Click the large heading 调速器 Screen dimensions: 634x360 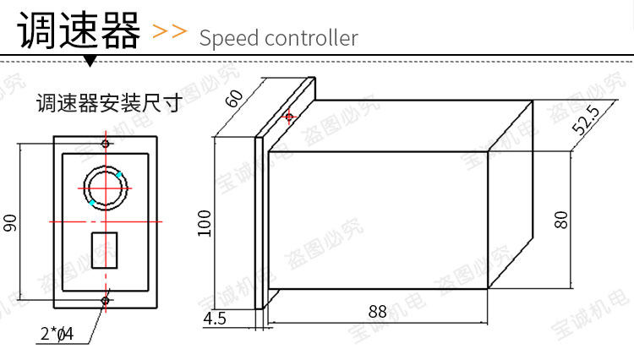79,31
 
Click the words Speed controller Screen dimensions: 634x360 279,38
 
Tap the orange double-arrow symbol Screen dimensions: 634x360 169,32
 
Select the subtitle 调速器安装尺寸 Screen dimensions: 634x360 109,104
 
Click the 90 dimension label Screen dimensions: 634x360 10,222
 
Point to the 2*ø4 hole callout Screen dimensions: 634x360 57,334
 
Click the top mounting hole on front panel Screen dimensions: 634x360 106,144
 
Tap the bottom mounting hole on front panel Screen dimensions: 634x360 106,300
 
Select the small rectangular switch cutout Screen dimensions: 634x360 104,249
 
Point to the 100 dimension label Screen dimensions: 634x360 204,223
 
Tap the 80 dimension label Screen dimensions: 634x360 560,220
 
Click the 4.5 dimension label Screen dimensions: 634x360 215,319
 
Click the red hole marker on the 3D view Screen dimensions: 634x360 290,116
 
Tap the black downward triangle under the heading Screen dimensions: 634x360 90,62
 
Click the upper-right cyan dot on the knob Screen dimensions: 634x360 120,174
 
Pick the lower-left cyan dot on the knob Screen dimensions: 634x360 91,202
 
